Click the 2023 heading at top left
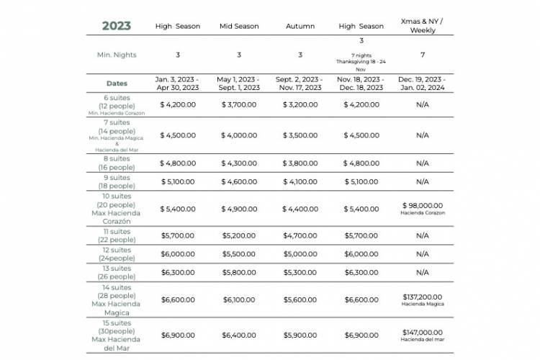116,26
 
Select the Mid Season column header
239,27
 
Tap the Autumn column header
300,27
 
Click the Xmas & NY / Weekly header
422,26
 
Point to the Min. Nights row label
117,55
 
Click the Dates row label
117,84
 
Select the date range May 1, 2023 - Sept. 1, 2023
239,84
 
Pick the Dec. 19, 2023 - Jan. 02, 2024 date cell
422,84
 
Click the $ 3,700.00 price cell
239,105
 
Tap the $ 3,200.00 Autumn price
300,105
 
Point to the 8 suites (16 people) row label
117,163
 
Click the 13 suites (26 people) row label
117,272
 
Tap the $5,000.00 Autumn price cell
300,254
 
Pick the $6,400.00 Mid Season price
239,336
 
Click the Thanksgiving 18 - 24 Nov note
361,62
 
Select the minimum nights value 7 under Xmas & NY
422,55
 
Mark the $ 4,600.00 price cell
239,181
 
